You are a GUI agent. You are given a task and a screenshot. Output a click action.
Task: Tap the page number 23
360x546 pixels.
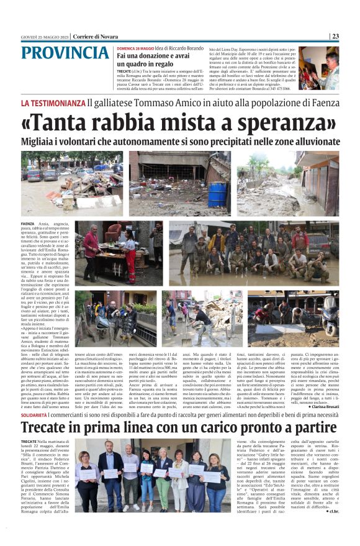click(335, 36)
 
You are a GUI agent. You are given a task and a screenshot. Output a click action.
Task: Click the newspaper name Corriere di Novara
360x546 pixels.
click(96, 36)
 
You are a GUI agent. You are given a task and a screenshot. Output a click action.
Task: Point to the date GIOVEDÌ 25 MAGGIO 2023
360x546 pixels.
click(44, 36)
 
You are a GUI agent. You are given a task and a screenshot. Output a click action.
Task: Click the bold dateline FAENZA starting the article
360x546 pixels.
click(27, 222)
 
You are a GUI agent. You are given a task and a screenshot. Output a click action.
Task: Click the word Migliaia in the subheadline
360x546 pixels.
click(43, 142)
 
